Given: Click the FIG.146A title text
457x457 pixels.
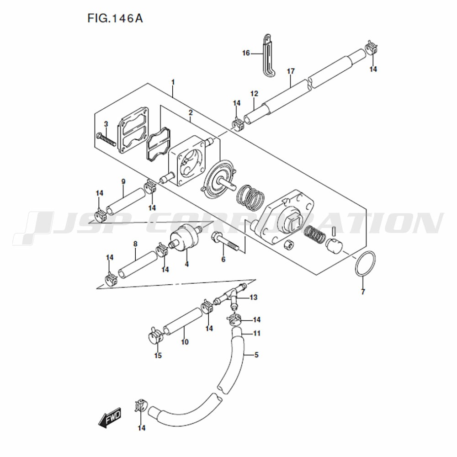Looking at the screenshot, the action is tap(115, 18).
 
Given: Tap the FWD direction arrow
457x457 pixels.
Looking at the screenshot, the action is tap(110, 417).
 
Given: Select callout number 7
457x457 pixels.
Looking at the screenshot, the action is tap(363, 292).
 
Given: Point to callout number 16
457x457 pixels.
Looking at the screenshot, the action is tap(246, 53).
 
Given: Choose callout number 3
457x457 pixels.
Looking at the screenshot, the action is tap(106, 124).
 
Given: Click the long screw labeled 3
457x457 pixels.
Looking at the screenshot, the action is tap(106, 139).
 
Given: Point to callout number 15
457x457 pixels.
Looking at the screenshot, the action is tap(158, 355).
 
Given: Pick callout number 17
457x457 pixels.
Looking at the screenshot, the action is tap(291, 71).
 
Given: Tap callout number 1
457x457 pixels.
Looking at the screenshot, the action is tap(173, 82).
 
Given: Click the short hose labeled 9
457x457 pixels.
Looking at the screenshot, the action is tap(126, 201).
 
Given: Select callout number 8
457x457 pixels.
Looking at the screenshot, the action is tap(135, 244).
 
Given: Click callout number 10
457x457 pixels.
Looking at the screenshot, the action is tap(185, 341).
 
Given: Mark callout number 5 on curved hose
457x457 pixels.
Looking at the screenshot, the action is tap(256, 355).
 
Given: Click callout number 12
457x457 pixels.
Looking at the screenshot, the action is tap(254, 94).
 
